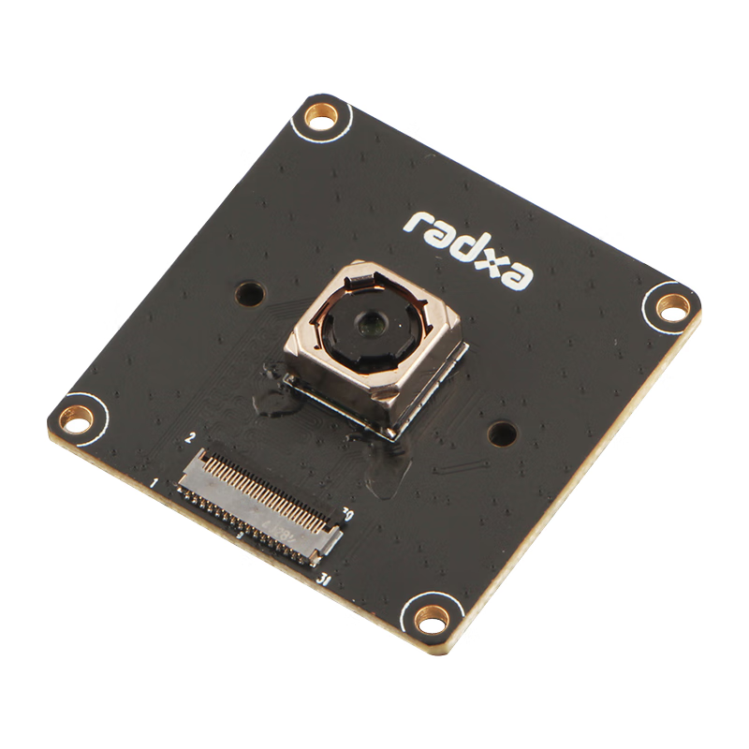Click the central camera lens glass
370,324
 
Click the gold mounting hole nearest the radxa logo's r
322,119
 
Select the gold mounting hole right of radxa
671,305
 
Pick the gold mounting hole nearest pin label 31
432,617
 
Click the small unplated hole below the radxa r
248,292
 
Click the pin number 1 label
153,483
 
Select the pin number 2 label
191,438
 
